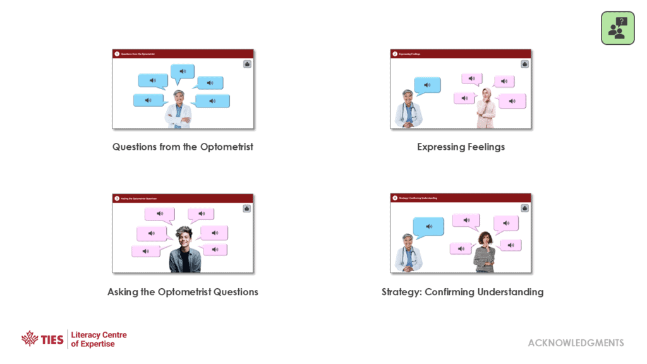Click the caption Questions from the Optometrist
pos(183,147)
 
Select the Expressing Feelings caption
pos(461,147)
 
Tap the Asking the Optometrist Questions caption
pos(183,292)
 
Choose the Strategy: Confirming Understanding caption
pos(463,292)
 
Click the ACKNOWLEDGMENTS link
pos(576,343)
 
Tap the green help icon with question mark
pos(617,28)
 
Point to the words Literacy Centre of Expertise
pos(99,339)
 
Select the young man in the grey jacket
pos(184,251)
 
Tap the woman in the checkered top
pos(485,253)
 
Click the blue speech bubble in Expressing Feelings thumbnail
pos(427,85)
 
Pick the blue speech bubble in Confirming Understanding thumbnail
pos(428,227)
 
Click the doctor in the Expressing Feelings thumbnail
pos(408,109)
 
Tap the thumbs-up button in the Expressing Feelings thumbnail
pos(524,64)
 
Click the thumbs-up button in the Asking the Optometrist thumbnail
pos(246,209)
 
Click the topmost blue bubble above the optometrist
pos(183,72)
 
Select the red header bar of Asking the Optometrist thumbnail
pos(183,198)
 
